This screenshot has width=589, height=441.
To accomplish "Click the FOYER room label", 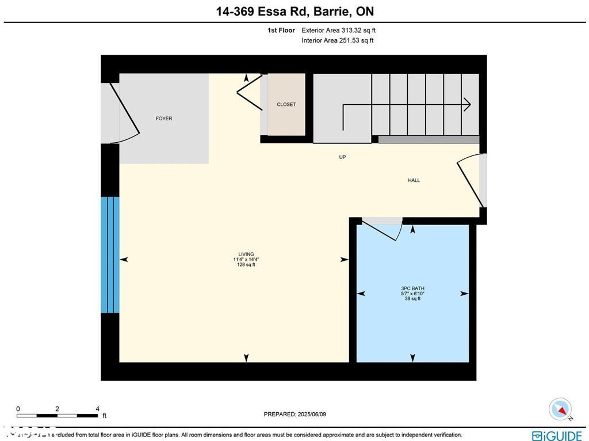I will coord(164,119).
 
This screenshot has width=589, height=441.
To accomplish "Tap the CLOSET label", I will coord(286,104).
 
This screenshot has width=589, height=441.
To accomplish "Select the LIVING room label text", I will coord(246,254).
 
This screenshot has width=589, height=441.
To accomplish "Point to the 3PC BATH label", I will coord(412,288).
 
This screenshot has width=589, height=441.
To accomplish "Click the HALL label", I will coord(414,180).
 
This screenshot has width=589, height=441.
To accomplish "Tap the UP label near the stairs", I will coord(342,157).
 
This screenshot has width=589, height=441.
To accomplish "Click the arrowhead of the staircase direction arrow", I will coord(467,104).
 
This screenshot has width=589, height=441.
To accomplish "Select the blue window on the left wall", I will coord(110,255).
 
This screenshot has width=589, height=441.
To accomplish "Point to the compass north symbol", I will coord(560,409).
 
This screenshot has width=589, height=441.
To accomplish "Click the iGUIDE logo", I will coord(556,435).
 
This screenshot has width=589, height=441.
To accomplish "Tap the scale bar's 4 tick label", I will coord(97,409).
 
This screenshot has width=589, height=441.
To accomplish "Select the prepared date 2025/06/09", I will coord(294,414).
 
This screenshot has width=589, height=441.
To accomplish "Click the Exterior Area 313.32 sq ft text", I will coord(338,31).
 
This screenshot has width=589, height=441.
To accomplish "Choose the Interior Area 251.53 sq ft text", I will coord(337,40).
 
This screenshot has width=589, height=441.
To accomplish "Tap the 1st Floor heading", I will coord(281,31).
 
